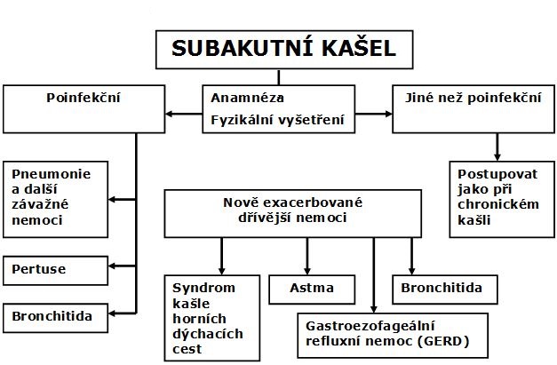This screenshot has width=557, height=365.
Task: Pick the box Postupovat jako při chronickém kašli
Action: pos(495,198)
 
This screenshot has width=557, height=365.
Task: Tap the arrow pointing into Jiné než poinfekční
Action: pos(384,114)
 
